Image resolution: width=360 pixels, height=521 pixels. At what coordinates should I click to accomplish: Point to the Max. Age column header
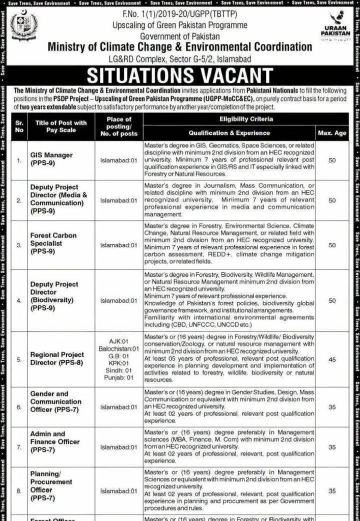332,133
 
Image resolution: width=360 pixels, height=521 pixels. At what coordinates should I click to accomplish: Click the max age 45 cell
332,359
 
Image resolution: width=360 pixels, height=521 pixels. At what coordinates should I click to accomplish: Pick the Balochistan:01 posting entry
119,349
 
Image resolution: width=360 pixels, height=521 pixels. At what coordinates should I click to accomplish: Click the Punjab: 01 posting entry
119,378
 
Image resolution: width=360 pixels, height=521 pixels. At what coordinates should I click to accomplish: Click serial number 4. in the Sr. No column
19,301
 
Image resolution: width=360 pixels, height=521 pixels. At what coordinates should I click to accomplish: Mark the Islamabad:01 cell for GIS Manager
119,159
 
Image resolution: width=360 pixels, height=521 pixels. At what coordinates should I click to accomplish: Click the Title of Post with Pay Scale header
60,126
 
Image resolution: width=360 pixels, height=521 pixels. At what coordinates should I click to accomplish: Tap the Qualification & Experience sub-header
229,133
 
